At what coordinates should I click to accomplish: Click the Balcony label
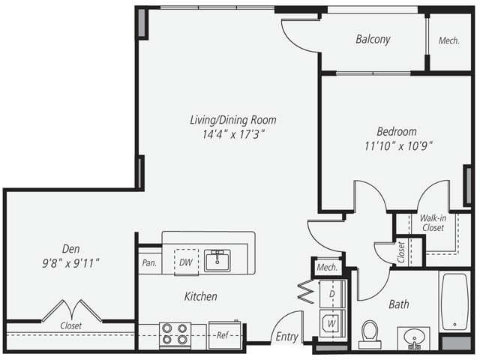click(x=373, y=40)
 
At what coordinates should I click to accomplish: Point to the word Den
click(x=72, y=249)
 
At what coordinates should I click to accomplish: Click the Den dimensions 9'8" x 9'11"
click(x=71, y=263)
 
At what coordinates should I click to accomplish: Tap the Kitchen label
click(x=200, y=297)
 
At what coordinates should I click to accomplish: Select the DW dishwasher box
click(x=186, y=262)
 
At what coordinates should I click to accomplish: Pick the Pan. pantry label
click(x=148, y=263)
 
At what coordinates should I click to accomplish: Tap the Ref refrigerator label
click(x=223, y=334)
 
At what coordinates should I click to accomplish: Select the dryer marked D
click(x=330, y=293)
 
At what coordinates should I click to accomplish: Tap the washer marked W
click(x=330, y=322)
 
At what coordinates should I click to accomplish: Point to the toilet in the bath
click(x=370, y=333)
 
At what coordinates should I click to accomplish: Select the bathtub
click(x=454, y=302)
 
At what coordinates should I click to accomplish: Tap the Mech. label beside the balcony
click(x=450, y=40)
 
